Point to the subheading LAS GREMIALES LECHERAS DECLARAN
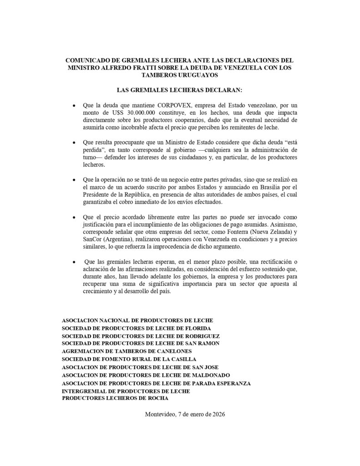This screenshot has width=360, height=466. [x=180, y=89]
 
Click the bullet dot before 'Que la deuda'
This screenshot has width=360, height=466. [x=74, y=106]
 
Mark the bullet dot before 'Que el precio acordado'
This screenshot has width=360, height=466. [x=74, y=218]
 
